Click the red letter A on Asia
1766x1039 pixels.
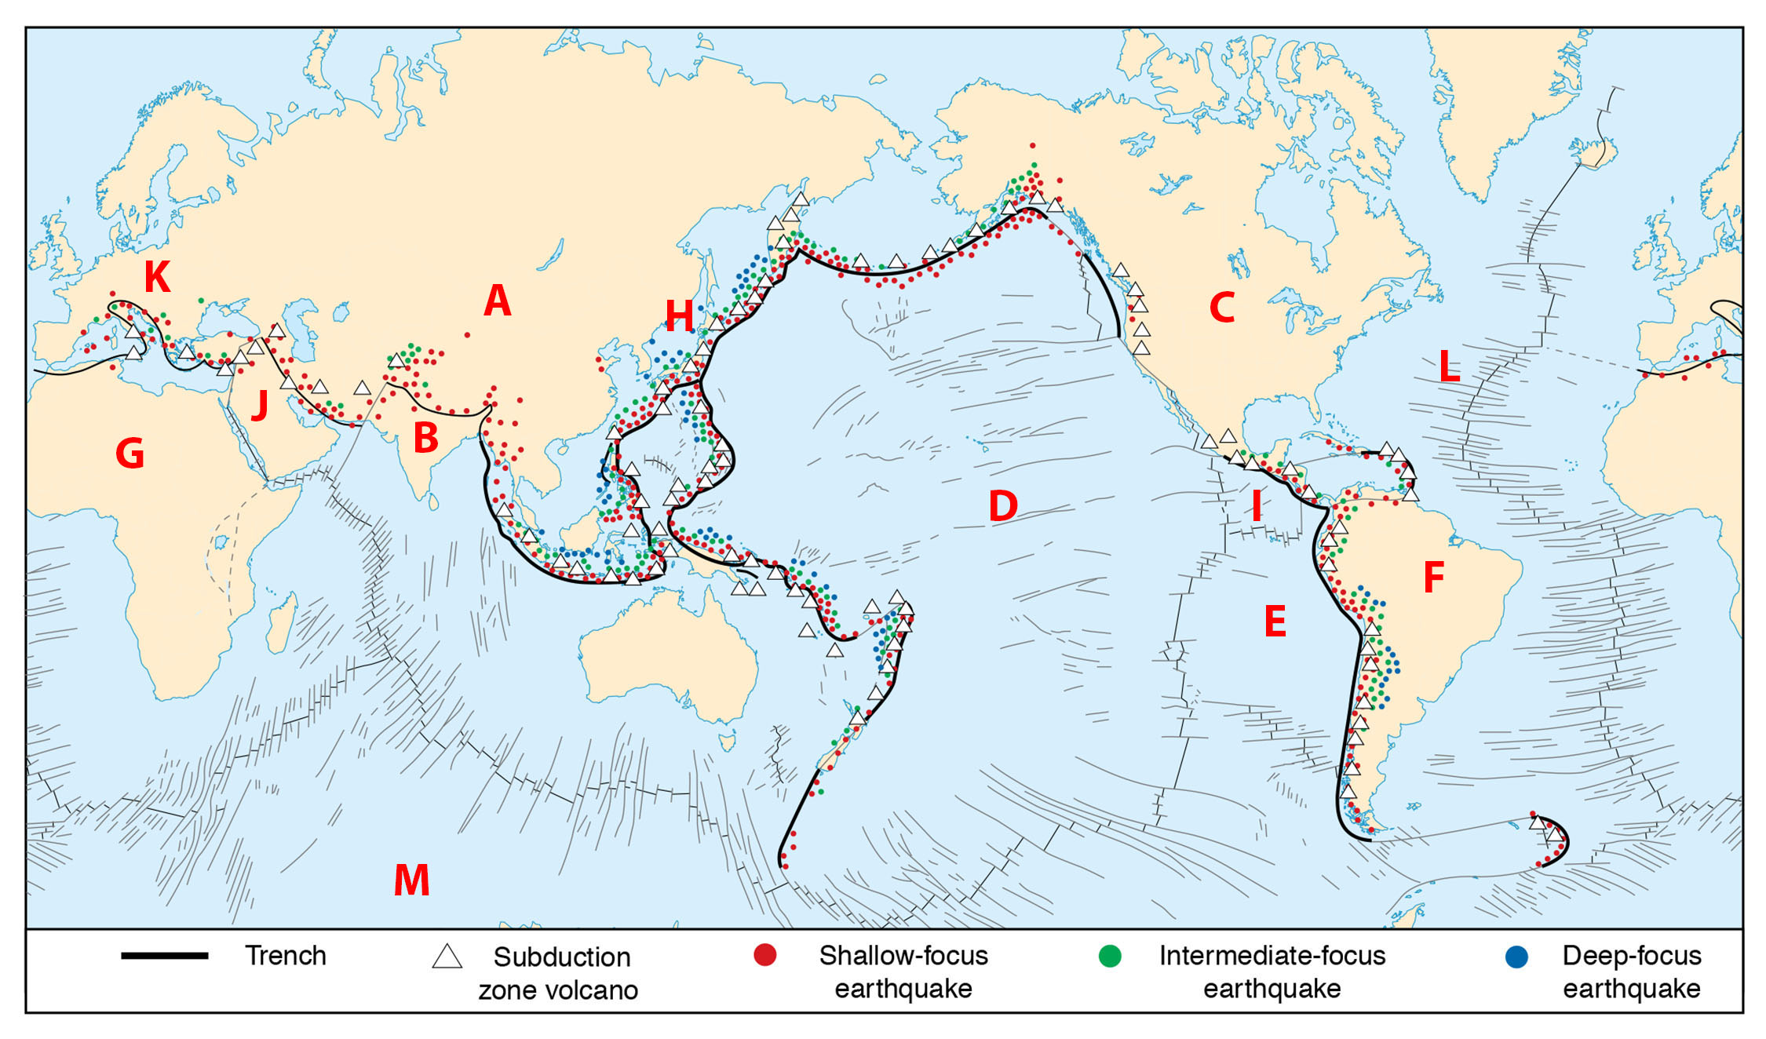(x=498, y=301)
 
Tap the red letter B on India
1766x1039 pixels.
(x=425, y=438)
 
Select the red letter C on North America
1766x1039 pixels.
(x=1222, y=308)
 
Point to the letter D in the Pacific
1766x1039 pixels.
(x=1003, y=506)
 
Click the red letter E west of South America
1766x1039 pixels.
(x=1275, y=622)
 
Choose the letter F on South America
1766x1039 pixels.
(x=1433, y=578)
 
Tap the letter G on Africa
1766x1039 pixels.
(x=130, y=454)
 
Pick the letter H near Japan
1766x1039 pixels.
(x=679, y=316)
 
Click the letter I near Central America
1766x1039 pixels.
(x=1257, y=506)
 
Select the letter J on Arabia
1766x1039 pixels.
(x=260, y=405)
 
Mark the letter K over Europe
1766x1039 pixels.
(x=157, y=277)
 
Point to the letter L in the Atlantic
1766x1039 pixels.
(x=1449, y=366)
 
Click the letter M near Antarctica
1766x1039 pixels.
(x=411, y=880)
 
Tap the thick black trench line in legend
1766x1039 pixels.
(x=164, y=956)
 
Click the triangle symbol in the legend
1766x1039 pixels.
(x=447, y=957)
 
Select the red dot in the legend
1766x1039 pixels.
(x=764, y=955)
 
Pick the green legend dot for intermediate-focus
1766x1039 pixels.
(x=1110, y=956)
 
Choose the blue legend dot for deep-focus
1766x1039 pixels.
(x=1516, y=957)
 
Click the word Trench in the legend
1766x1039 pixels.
(x=286, y=956)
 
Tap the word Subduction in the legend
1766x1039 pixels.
(x=562, y=957)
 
